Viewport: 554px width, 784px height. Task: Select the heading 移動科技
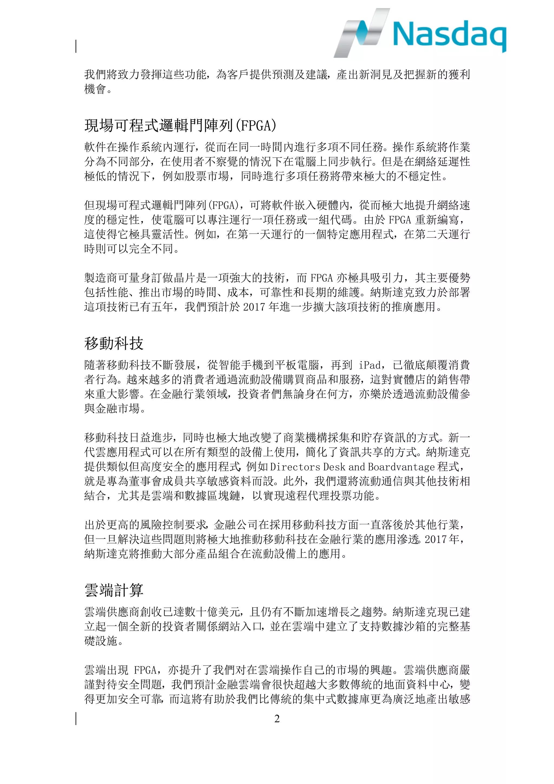(114, 343)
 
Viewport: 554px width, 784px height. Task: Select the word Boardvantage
(401, 466)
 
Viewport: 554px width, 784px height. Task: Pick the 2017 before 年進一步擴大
(254, 307)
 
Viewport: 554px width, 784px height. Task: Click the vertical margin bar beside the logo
(76, 46)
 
